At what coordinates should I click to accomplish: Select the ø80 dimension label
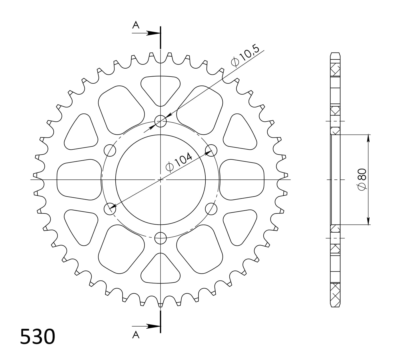tap(362, 179)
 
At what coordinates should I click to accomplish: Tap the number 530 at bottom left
tap(37, 337)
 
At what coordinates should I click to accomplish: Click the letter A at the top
tap(136, 25)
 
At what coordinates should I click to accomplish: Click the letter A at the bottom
tap(136, 335)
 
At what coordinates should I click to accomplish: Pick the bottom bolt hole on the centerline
tap(161, 238)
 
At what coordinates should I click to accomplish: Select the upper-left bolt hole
tap(110, 150)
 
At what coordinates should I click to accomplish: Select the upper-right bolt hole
tap(211, 150)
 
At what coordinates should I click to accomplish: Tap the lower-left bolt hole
tap(110, 209)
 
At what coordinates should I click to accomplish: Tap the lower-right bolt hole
tap(211, 209)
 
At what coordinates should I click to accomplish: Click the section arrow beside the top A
tap(151, 33)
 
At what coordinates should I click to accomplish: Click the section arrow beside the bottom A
tap(151, 326)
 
